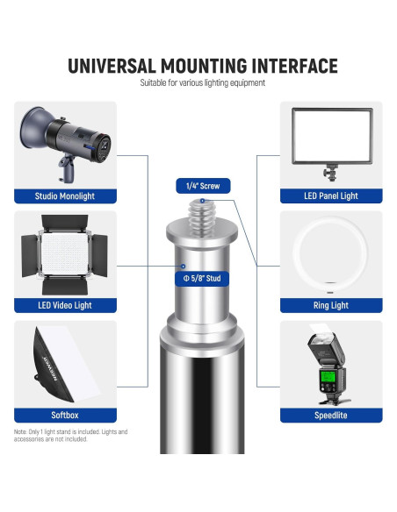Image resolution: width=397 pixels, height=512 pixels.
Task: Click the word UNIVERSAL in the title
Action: click(112, 66)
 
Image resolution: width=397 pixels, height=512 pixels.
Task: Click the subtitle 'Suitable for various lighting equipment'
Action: click(202, 83)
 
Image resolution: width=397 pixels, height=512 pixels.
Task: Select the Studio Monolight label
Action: click(65, 196)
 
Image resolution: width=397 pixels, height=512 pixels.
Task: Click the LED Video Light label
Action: click(65, 305)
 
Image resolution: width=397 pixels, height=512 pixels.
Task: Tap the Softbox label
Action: click(65, 415)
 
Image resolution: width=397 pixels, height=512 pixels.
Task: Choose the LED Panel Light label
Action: click(331, 196)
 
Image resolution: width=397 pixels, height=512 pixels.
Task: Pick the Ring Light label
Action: click(331, 305)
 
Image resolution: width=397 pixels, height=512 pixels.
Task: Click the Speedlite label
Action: click(331, 415)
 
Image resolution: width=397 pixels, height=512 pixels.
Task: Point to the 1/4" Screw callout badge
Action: click(203, 186)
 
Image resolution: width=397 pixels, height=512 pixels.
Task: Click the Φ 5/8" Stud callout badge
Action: click(202, 279)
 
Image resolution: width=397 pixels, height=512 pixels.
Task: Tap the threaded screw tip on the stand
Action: click(202, 217)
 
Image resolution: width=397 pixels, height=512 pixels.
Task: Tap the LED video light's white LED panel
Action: click(65, 252)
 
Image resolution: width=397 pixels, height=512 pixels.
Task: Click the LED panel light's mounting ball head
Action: click(331, 171)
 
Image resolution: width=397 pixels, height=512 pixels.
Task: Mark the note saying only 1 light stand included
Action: click(70, 436)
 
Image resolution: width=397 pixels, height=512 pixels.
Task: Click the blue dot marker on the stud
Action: click(184, 267)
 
